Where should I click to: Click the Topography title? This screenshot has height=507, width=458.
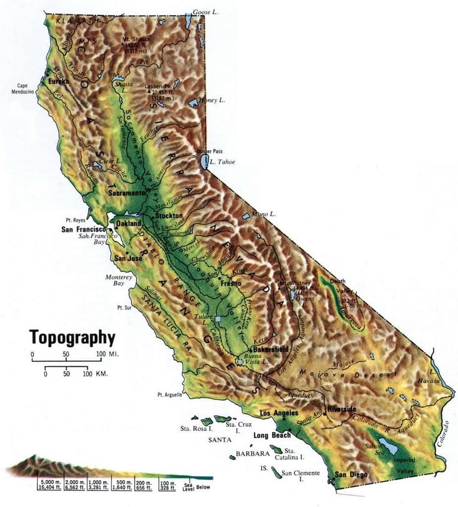73,337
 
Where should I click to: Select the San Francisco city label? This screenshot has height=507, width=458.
83,229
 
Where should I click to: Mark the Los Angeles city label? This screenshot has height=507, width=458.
279,413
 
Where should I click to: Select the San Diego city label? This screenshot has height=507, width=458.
351,475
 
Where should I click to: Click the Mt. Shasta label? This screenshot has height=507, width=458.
138,39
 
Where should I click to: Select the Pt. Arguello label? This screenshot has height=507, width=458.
169,395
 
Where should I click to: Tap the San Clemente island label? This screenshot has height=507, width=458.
301,476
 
